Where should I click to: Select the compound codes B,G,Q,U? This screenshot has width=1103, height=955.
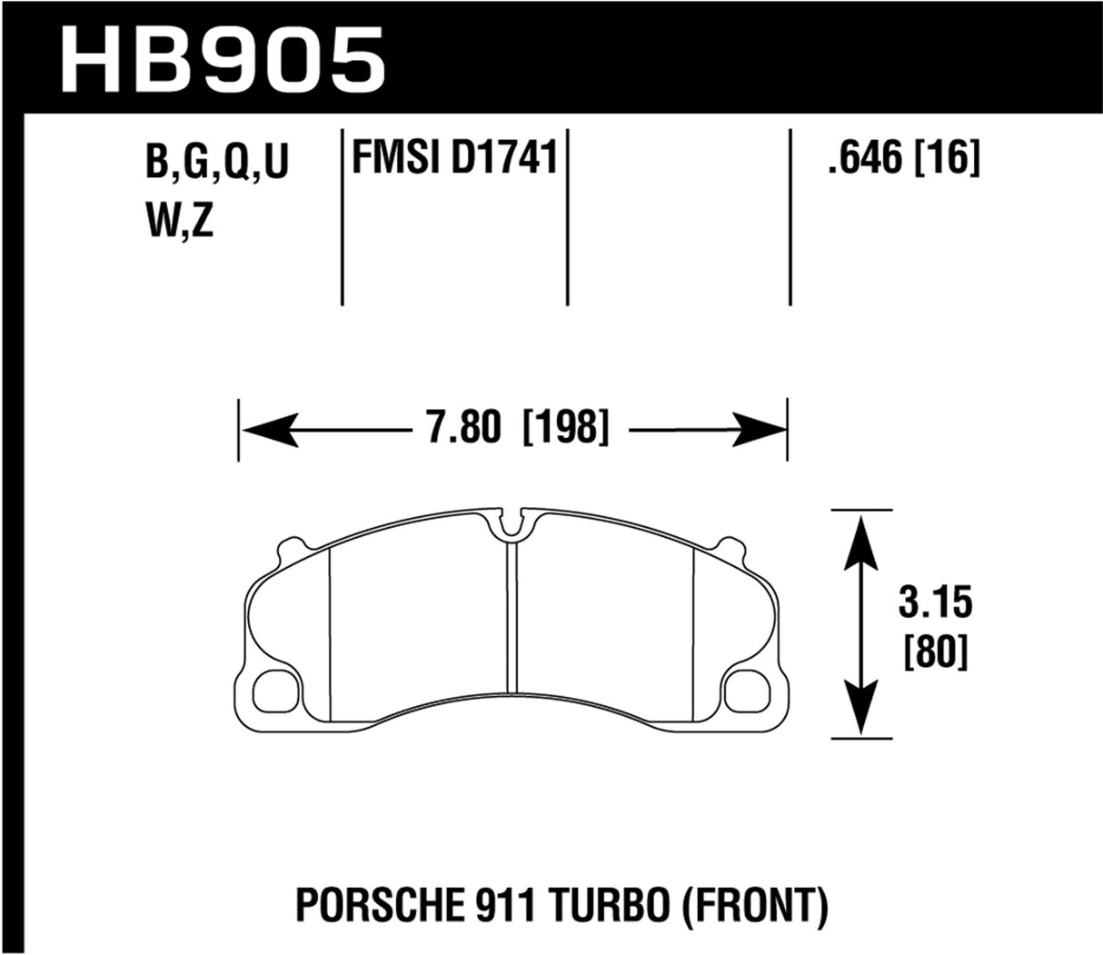coord(215,165)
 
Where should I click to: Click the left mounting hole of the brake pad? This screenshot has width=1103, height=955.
coord(275,691)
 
